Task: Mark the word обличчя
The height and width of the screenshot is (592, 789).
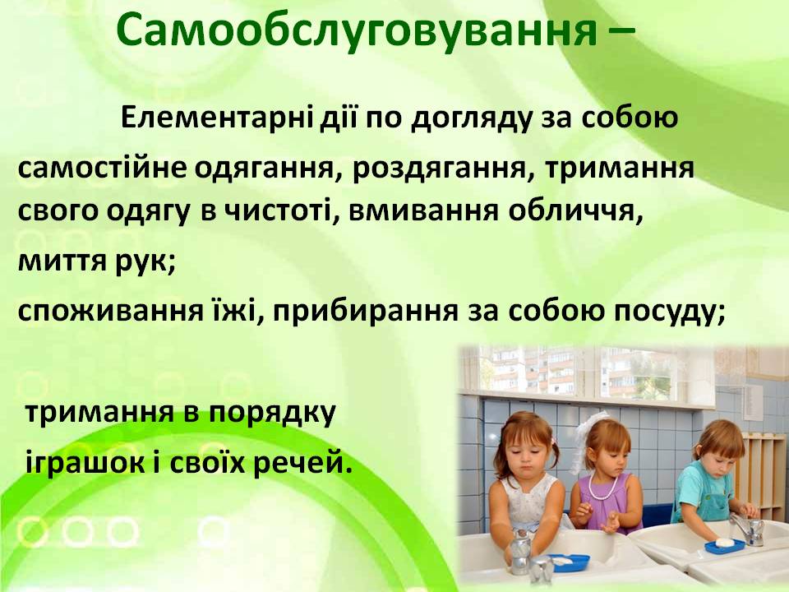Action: [575, 211]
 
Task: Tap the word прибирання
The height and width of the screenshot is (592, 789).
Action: [366, 311]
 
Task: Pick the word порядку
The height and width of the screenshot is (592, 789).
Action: [272, 414]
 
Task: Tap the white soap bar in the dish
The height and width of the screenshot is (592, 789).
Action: [725, 543]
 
